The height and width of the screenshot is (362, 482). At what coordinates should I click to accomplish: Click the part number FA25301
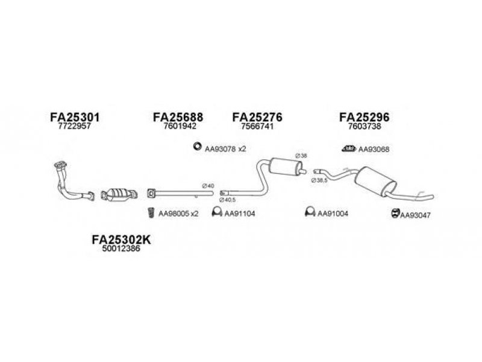pyautogui.click(x=75, y=117)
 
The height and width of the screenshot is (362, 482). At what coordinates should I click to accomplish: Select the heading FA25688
pyautogui.click(x=178, y=117)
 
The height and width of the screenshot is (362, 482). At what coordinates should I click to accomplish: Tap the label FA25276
pyautogui.click(x=257, y=117)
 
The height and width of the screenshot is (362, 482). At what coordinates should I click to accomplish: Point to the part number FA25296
pyautogui.click(x=365, y=117)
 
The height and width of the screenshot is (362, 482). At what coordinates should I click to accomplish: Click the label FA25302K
pyautogui.click(x=121, y=240)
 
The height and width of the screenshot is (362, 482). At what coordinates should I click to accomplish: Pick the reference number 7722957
pyautogui.click(x=74, y=126)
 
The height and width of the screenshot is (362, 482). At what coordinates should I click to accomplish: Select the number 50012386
pyautogui.click(x=121, y=249)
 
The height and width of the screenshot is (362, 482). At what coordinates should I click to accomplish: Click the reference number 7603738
pyautogui.click(x=365, y=126)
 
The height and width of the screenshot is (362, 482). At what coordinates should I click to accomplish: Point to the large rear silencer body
pyautogui.click(x=375, y=182)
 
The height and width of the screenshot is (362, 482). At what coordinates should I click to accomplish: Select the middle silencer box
pyautogui.click(x=285, y=167)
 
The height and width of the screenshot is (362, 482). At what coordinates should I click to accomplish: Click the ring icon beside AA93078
pyautogui.click(x=197, y=147)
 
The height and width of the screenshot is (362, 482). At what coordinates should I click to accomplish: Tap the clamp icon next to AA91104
pyautogui.click(x=217, y=212)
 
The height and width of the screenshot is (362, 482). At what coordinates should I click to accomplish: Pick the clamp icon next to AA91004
pyautogui.click(x=310, y=212)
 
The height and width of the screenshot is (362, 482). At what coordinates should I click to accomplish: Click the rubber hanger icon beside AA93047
pyautogui.click(x=395, y=213)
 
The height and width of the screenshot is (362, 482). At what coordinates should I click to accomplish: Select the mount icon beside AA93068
pyautogui.click(x=349, y=148)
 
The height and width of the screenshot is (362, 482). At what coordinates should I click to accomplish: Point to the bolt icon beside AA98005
pyautogui.click(x=151, y=213)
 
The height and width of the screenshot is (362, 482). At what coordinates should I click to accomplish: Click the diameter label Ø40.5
pyautogui.click(x=227, y=200)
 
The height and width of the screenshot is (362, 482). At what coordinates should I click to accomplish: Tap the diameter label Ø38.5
pyautogui.click(x=319, y=180)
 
